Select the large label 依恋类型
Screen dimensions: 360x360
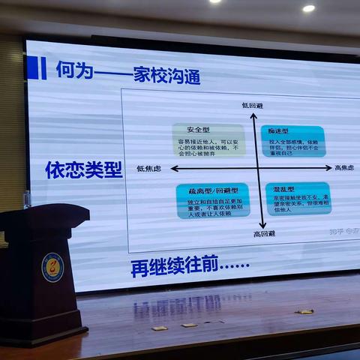click(83, 169)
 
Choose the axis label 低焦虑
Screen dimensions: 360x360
click(149, 168)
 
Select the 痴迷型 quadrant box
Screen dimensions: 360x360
click(292, 141)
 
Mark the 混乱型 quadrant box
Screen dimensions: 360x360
click(298, 198)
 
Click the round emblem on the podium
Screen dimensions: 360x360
click(52, 266)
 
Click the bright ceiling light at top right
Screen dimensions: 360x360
click(308, 8)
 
